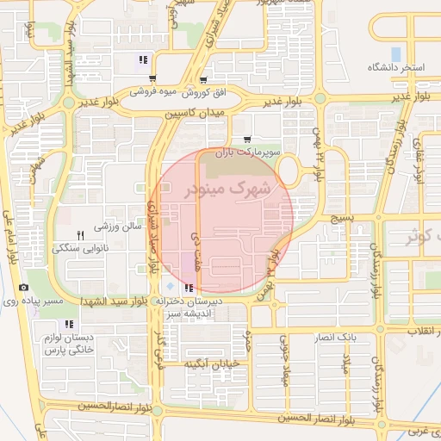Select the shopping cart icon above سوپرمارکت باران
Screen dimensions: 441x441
(247, 139)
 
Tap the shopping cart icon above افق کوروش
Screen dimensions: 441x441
(202, 78)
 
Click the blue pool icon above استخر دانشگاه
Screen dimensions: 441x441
(396, 53)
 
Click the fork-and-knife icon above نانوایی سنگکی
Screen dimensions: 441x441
(80, 234)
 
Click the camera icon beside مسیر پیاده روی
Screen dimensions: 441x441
(22, 287)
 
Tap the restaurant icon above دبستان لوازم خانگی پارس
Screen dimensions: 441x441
(69, 325)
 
